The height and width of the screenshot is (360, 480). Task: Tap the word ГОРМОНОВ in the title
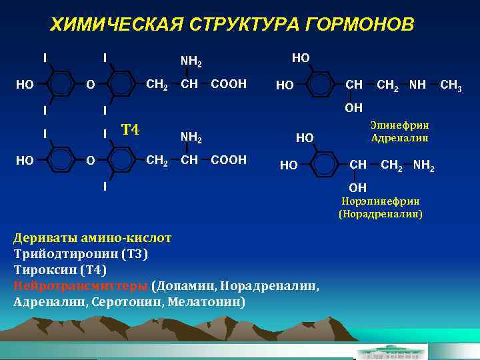tap(359, 25)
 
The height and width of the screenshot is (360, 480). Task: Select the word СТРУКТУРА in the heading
tap(246, 25)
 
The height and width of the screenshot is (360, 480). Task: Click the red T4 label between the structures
tap(130, 129)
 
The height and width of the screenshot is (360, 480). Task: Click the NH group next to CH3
tap(418, 84)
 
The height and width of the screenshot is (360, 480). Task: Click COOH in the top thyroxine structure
tap(229, 84)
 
